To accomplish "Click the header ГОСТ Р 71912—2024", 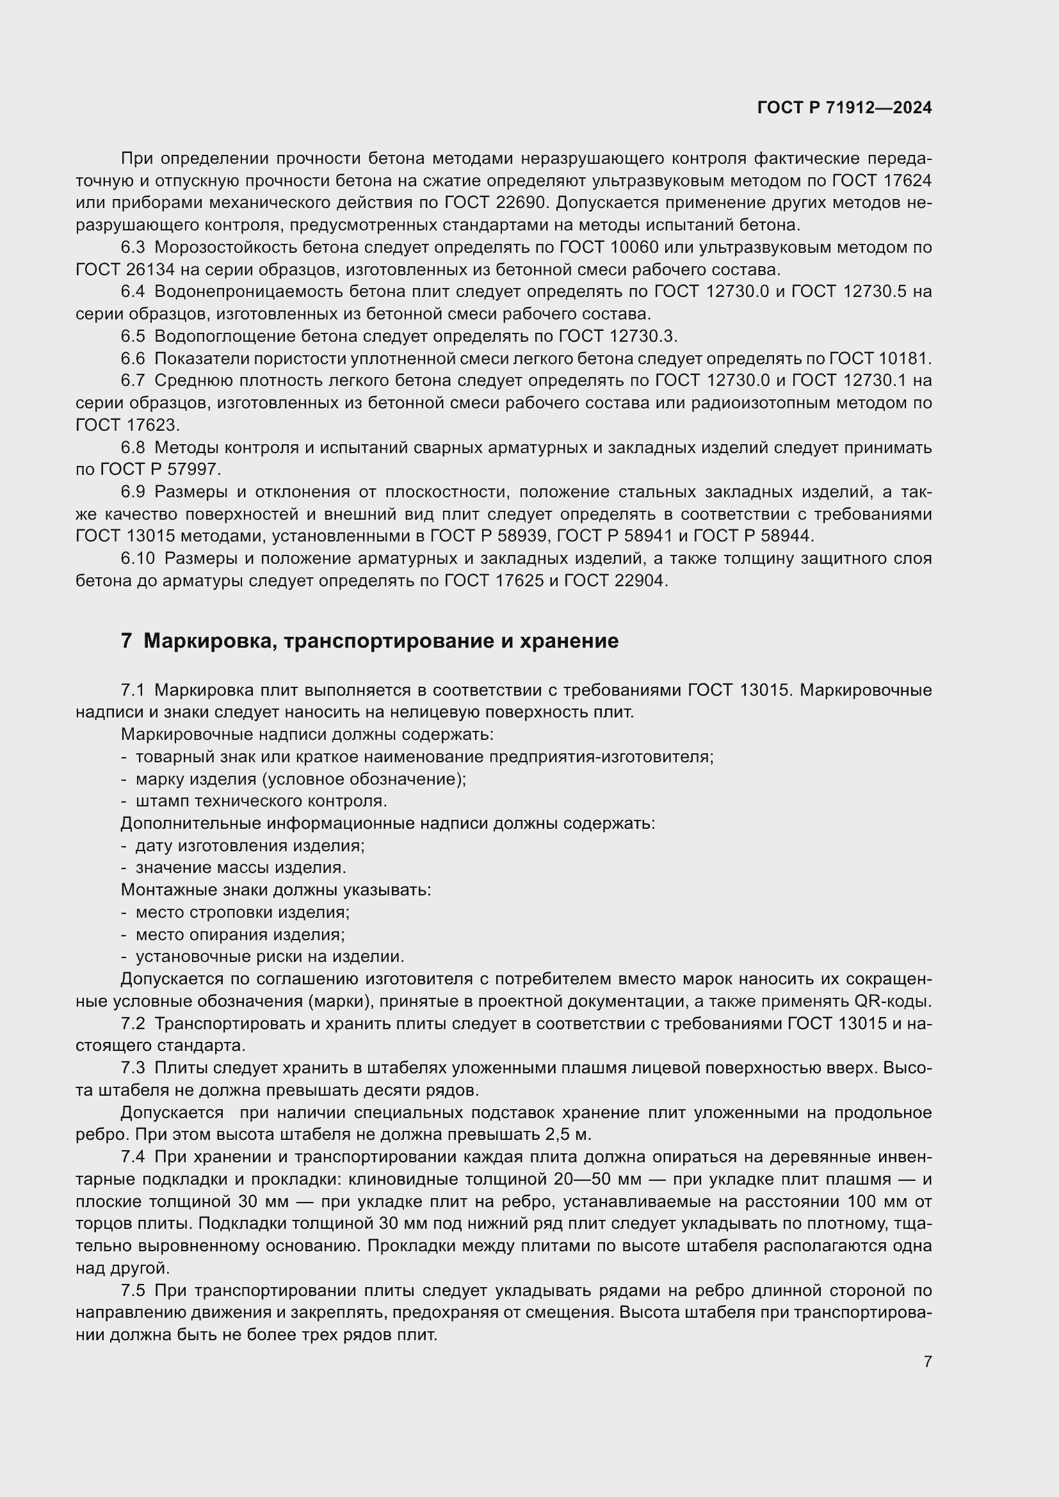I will tap(845, 108).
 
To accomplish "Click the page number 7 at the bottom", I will tap(927, 1361).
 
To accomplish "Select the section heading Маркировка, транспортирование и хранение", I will tap(381, 641).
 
